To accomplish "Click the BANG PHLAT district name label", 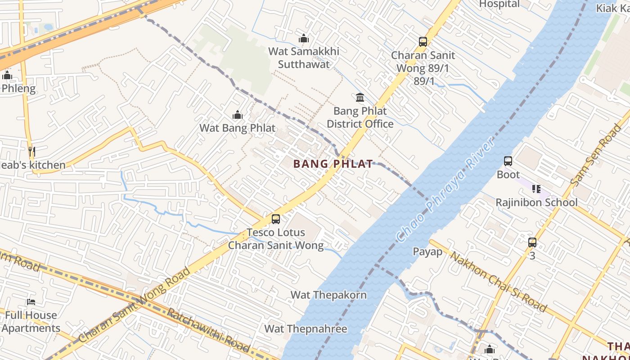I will click(x=333, y=164).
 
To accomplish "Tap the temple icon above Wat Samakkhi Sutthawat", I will click(x=304, y=38).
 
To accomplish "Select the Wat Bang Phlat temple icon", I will click(x=238, y=115).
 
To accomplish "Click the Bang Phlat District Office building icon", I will click(x=360, y=98).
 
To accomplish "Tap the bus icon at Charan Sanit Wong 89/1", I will click(x=423, y=42).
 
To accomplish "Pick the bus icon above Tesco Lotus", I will click(x=276, y=219).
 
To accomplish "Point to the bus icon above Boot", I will click(x=508, y=161).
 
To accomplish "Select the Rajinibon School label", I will click(x=536, y=202).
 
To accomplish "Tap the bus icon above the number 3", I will click(x=532, y=243).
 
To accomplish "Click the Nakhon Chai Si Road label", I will click(x=499, y=282).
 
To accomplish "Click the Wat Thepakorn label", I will click(x=328, y=295).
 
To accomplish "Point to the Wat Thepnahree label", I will click(x=306, y=329).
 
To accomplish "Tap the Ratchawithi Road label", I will click(x=208, y=330).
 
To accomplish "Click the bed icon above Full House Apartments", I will click(x=31, y=301).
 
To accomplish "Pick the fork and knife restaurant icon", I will click(x=31, y=152).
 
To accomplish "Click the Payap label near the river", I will click(x=427, y=252).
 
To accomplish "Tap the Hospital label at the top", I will click(x=499, y=4).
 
